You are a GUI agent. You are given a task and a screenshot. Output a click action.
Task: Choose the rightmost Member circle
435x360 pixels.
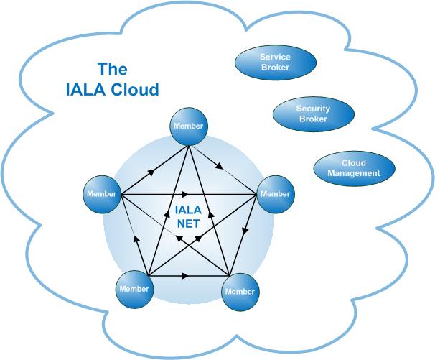[274, 194]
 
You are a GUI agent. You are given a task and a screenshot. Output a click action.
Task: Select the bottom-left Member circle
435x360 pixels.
[134, 290]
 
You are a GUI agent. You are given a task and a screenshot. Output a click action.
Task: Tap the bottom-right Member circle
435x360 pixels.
[240, 292]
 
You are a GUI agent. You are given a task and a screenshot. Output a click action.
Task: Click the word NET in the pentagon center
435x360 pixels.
[188, 223]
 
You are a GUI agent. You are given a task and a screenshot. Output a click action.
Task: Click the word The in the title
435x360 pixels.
[112, 70]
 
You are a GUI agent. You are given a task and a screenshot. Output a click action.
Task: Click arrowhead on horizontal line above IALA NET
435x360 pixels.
[187, 194]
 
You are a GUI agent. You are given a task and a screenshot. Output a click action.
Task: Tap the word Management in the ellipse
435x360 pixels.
[354, 173]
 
